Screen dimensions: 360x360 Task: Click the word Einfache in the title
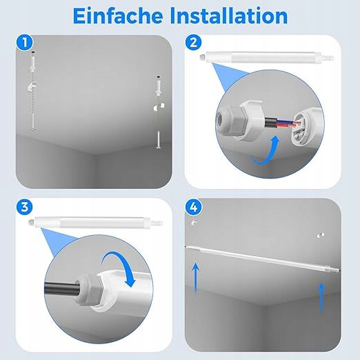click(x=118, y=16)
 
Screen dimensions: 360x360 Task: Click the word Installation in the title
click(x=229, y=16)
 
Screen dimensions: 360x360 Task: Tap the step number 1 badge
click(x=25, y=43)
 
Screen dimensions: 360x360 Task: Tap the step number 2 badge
click(x=193, y=43)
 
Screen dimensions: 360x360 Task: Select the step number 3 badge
click(x=25, y=207)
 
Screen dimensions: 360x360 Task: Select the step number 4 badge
click(x=194, y=207)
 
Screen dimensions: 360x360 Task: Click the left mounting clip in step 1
click(x=32, y=86)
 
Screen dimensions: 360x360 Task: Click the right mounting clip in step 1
click(x=159, y=107)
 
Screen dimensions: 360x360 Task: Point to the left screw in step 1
click(x=33, y=122)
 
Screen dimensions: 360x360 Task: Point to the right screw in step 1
click(x=159, y=140)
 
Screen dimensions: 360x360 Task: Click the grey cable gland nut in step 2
click(x=229, y=121)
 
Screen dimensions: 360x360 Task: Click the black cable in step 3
click(x=61, y=288)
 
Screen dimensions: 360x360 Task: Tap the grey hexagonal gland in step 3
click(x=89, y=290)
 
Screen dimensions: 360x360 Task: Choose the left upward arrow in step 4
click(x=196, y=278)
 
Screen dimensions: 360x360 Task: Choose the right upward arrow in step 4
click(x=321, y=298)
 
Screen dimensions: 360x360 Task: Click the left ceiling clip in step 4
click(x=194, y=223)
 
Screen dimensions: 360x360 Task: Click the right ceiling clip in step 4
click(x=320, y=235)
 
